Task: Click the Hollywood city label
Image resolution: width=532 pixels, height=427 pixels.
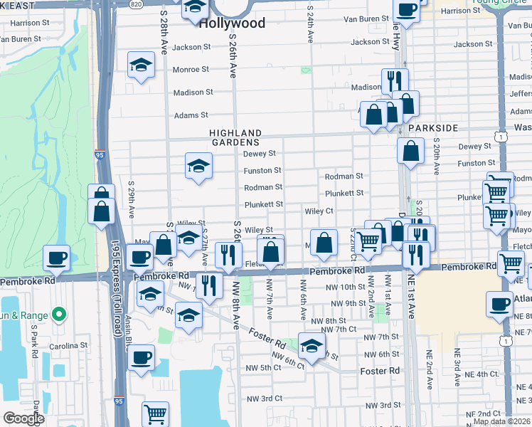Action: [232, 23]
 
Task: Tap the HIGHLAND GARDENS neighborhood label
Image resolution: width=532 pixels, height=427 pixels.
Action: [235, 137]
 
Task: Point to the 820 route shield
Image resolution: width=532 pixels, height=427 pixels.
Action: [137, 4]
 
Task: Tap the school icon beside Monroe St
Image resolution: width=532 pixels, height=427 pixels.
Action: [142, 65]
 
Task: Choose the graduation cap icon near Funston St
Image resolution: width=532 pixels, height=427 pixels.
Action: [198, 167]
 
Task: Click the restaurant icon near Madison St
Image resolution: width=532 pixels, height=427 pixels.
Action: [394, 81]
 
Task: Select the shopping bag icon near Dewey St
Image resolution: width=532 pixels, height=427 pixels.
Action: [411, 151]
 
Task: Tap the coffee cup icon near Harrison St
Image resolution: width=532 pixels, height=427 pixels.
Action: [406, 10]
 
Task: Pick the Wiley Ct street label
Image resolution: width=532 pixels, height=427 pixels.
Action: [319, 211]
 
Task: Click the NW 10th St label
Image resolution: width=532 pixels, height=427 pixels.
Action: [345, 287]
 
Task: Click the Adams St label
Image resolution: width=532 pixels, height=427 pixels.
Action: [191, 115]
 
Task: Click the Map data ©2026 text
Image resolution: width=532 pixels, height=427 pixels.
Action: [501, 421]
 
